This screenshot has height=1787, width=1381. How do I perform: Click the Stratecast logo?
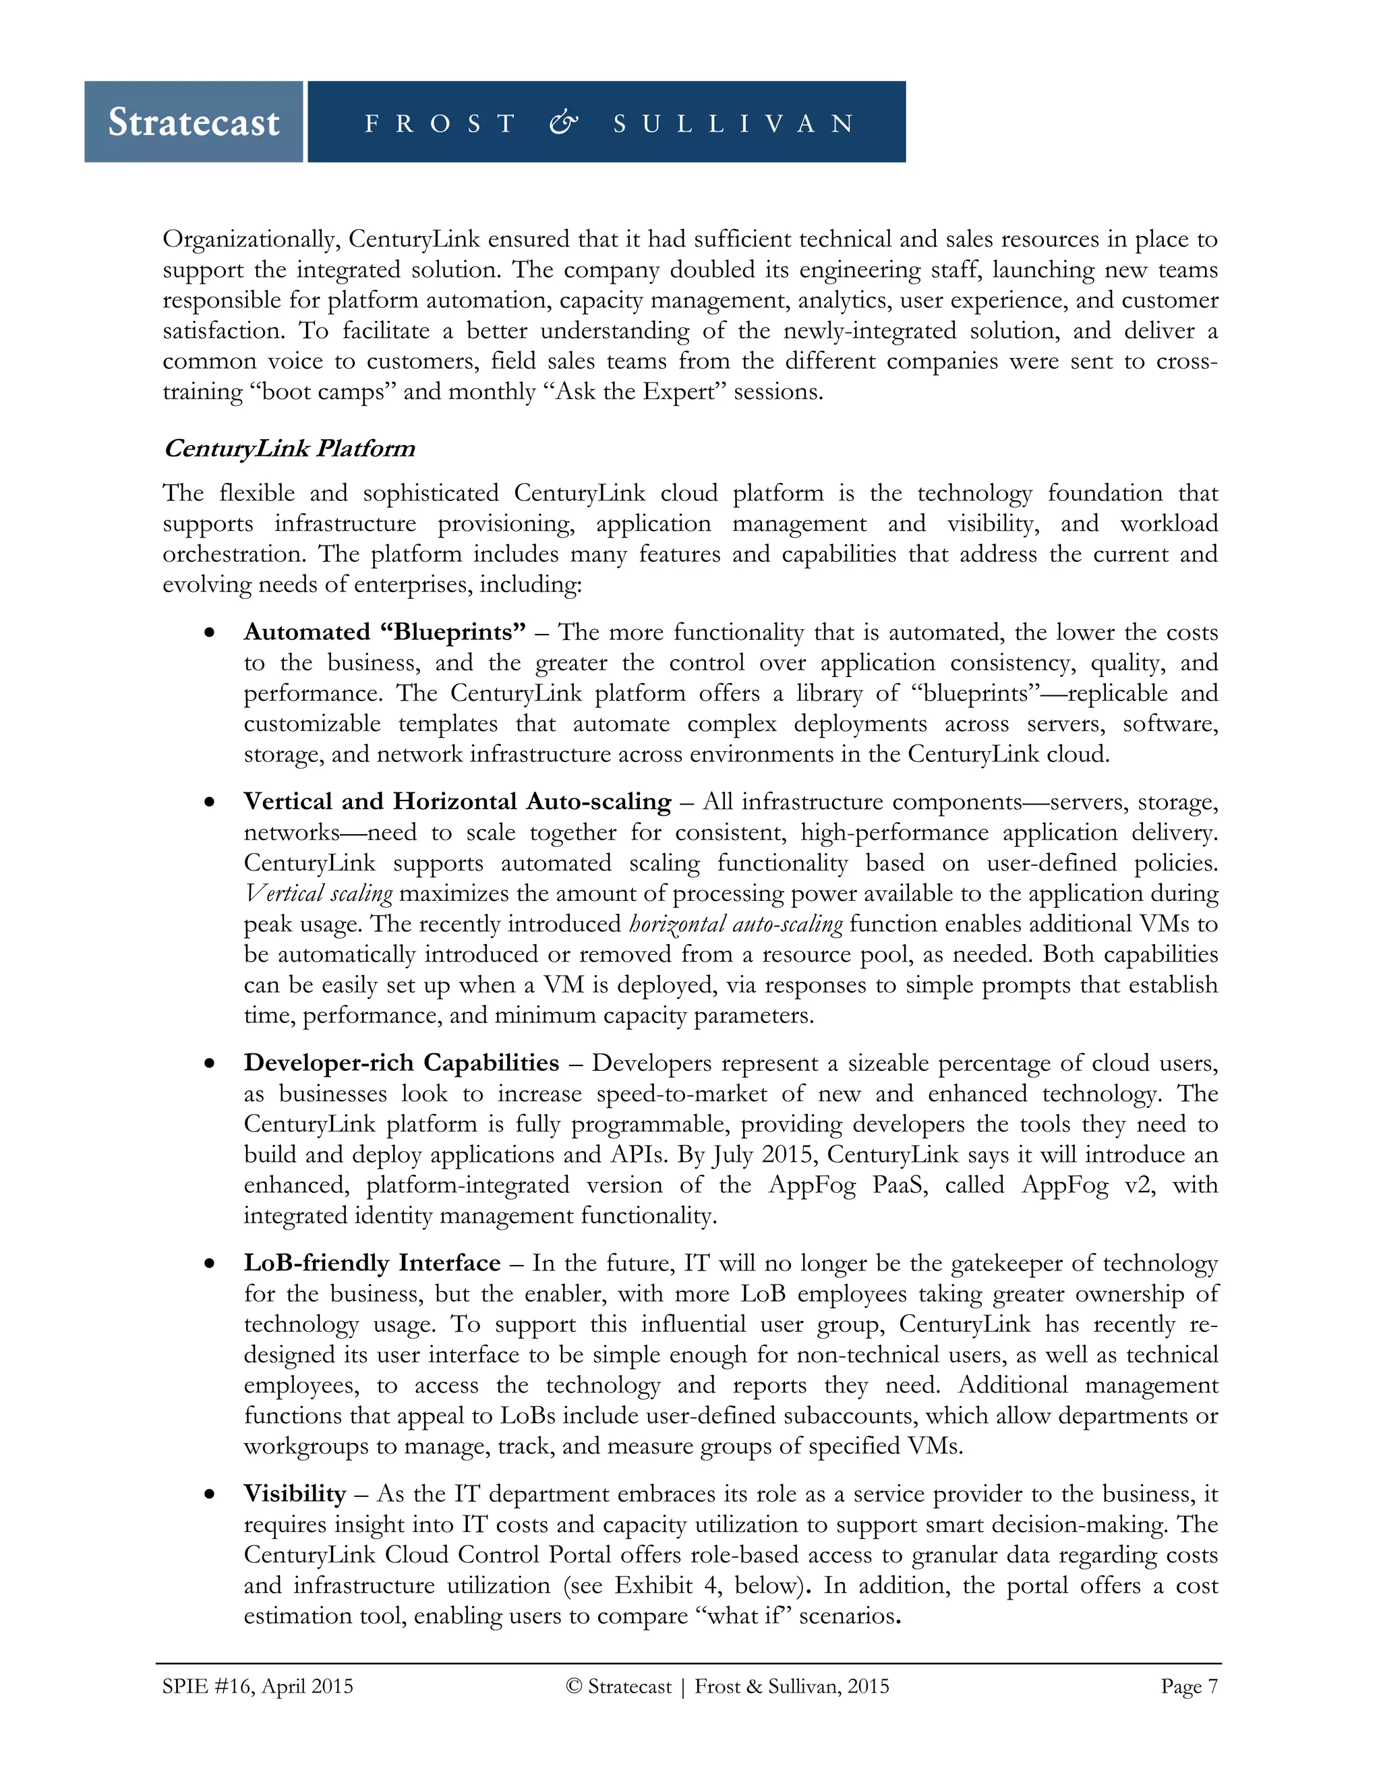click(x=194, y=122)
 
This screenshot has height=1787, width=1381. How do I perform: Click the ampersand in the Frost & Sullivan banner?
click(x=564, y=123)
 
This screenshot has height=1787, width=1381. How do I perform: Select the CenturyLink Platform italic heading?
click(x=289, y=448)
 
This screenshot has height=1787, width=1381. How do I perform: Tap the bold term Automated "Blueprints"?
click(x=384, y=632)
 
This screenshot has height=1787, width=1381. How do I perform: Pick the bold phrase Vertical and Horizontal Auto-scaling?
click(x=457, y=801)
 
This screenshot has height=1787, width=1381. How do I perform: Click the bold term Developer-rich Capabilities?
click(x=401, y=1062)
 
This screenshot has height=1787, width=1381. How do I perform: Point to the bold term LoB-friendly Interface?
click(x=372, y=1262)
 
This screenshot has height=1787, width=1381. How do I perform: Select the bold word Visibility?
click(x=295, y=1493)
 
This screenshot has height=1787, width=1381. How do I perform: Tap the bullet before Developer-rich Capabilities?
click(x=210, y=1063)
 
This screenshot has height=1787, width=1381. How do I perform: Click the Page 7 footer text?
click(x=1189, y=1687)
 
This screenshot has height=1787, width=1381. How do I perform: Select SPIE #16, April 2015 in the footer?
click(x=258, y=1687)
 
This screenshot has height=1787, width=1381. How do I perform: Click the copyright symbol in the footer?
click(x=574, y=1687)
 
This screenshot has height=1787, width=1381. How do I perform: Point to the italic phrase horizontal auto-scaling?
click(x=736, y=924)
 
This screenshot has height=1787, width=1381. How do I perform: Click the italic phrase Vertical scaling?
click(x=318, y=894)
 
